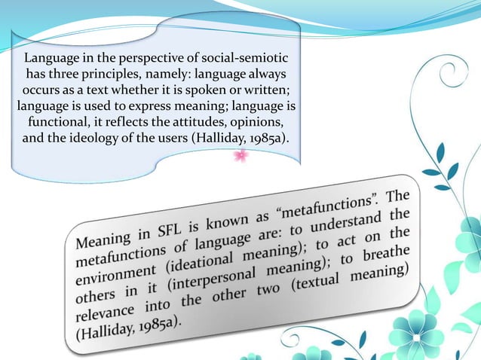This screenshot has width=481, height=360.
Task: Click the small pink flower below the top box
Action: click(241, 156)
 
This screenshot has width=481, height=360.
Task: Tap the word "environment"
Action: click(117, 277)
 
